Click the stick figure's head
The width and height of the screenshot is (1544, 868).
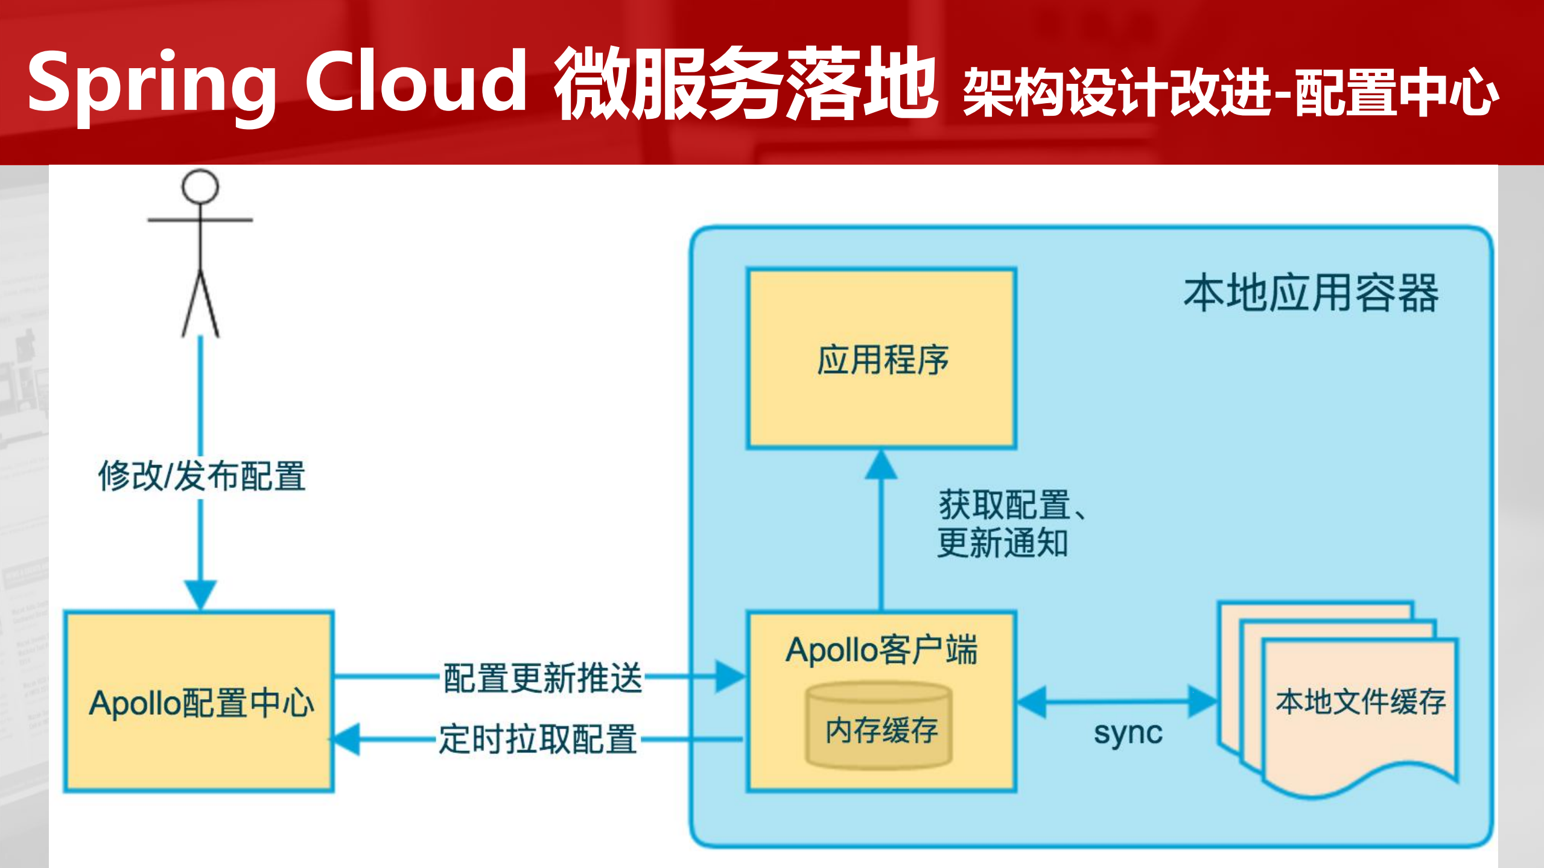[x=200, y=186]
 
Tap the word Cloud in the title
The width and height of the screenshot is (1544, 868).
[x=416, y=81]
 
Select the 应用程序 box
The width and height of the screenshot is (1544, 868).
[x=882, y=359]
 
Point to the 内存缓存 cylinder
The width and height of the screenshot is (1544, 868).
[x=880, y=727]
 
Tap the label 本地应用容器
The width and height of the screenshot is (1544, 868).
[x=1310, y=293]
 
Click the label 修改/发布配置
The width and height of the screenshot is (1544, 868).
[x=202, y=476]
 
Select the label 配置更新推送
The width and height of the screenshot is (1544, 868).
[x=542, y=677]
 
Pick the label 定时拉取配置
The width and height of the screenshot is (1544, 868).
[x=538, y=739]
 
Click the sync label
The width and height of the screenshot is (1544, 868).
[x=1128, y=733]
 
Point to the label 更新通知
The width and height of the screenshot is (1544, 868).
[x=1002, y=543]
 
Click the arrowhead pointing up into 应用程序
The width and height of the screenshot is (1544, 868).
[x=881, y=466]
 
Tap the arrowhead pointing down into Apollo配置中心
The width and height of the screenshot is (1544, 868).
[x=200, y=594]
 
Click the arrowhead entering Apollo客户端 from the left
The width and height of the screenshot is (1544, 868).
[x=730, y=676]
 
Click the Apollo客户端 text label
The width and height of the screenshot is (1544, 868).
[x=880, y=650]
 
